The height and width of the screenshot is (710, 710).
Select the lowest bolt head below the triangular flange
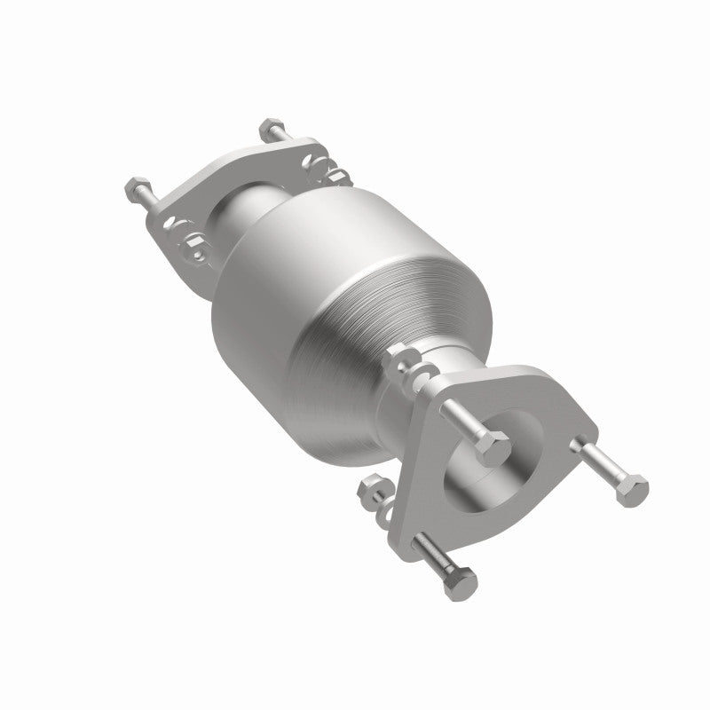tap(460, 581)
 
